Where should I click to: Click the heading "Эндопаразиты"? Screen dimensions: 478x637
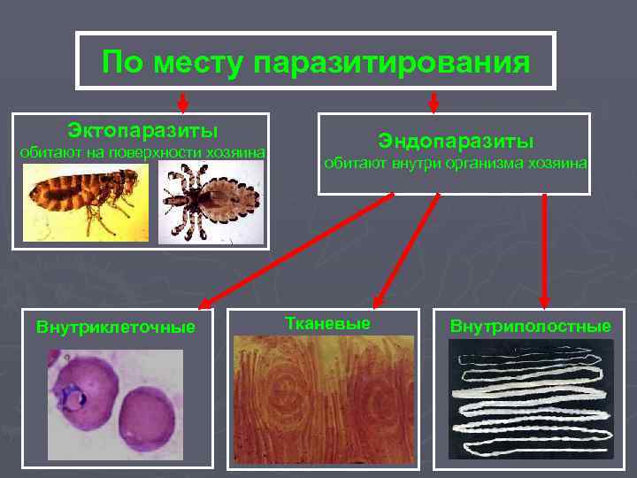click(455, 141)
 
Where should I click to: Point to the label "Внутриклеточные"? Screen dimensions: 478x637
click(115, 327)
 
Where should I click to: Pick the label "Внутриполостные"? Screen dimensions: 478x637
click(529, 327)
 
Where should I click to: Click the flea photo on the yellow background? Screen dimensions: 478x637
click(86, 203)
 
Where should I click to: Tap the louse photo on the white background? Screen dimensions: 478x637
click(211, 203)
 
